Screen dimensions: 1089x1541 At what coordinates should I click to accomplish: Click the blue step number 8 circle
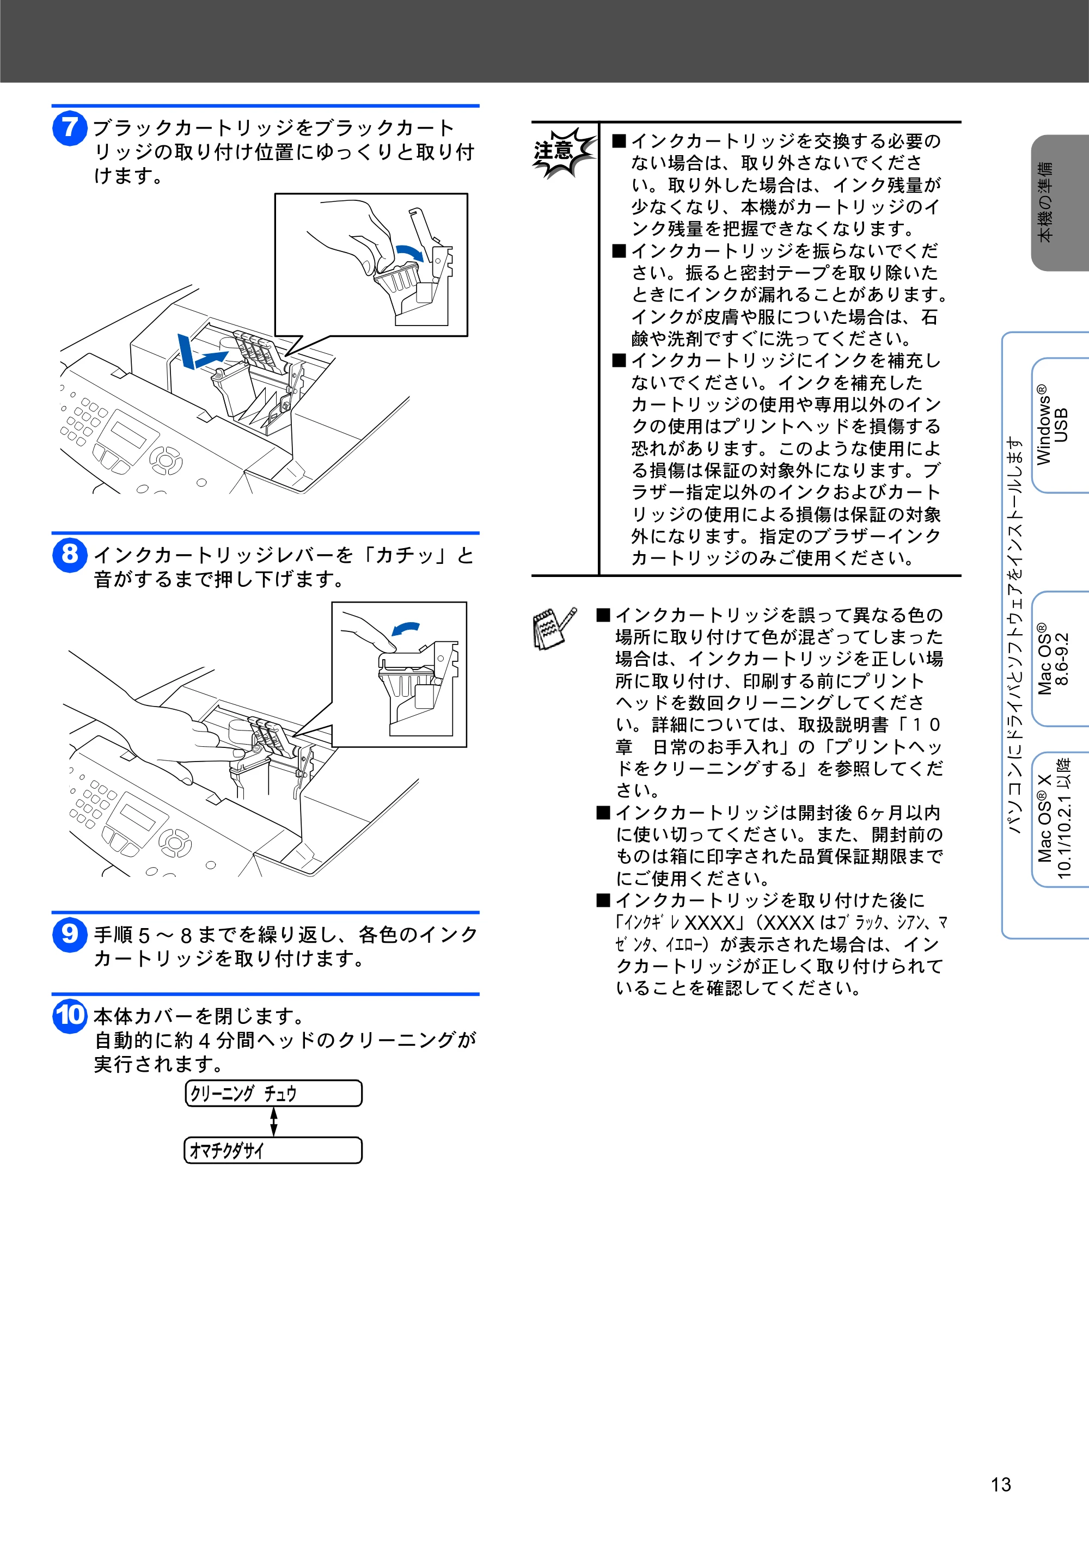(x=70, y=556)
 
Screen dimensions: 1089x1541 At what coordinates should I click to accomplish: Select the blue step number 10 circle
(x=70, y=1016)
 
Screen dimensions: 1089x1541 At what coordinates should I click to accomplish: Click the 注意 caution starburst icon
(x=562, y=153)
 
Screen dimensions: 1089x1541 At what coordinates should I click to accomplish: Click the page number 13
(x=1000, y=1484)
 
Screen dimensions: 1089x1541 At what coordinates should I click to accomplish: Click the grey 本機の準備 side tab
(x=1060, y=202)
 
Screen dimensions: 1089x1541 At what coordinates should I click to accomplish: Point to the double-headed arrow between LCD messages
(x=273, y=1121)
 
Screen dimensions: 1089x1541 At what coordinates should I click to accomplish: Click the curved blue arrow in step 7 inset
(x=411, y=253)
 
